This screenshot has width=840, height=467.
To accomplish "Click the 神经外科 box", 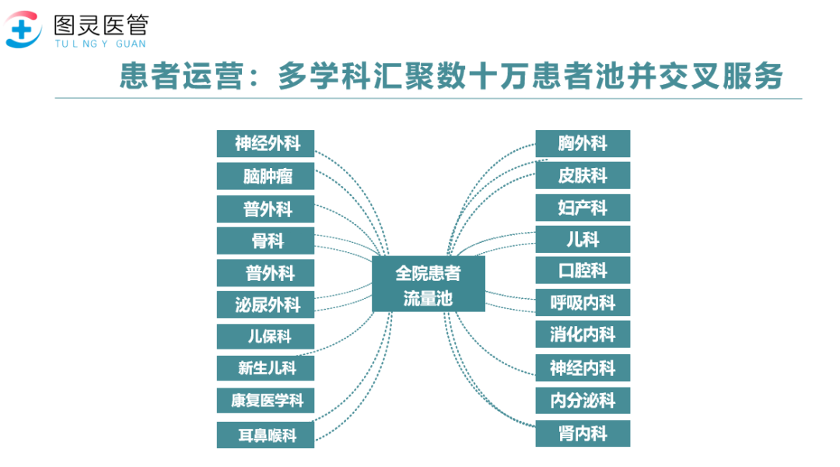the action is pyautogui.click(x=265, y=144).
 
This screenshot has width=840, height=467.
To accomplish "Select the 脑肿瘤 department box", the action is pyautogui.click(x=265, y=177).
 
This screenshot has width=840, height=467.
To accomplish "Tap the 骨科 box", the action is pyautogui.click(x=265, y=241).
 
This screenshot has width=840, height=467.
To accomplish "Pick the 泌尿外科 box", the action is pyautogui.click(x=265, y=305).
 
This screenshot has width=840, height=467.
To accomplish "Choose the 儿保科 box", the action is pyautogui.click(x=265, y=337).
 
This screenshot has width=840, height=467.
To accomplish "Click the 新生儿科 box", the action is pyautogui.click(x=265, y=368).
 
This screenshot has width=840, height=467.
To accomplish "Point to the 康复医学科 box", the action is pyautogui.click(x=265, y=401).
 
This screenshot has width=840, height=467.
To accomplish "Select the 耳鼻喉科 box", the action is pyautogui.click(x=265, y=435).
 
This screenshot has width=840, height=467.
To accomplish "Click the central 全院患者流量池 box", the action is pyautogui.click(x=428, y=284).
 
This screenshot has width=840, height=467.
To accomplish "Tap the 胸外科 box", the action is pyautogui.click(x=583, y=144).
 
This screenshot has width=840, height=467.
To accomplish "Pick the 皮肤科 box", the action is pyautogui.click(x=583, y=175).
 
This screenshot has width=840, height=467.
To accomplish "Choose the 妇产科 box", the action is pyautogui.click(x=583, y=208).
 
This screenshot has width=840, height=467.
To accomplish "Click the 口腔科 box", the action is pyautogui.click(x=583, y=271).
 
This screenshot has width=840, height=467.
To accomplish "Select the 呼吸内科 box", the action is pyautogui.click(x=583, y=303).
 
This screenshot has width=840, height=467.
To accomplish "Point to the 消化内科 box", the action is pyautogui.click(x=583, y=335).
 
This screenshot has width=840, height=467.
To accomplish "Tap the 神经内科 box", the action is pyautogui.click(x=583, y=368).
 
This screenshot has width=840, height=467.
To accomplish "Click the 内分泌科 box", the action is pyautogui.click(x=583, y=401).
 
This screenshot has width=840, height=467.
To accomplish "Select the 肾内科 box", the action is pyautogui.click(x=583, y=434).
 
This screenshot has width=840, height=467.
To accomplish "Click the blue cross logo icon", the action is pyautogui.click(x=23, y=30).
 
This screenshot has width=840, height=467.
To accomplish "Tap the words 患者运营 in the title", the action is pyautogui.click(x=181, y=75).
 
